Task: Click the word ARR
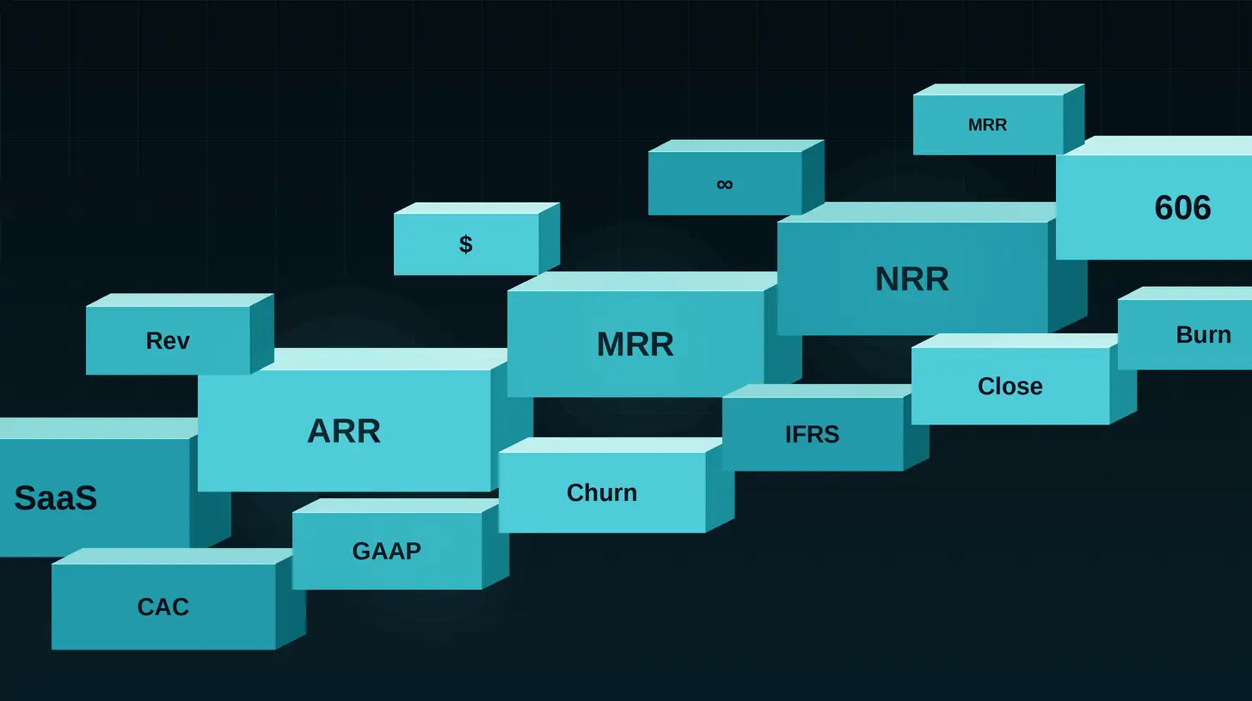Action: coord(344,431)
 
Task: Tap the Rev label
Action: coord(168,341)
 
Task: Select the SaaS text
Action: coord(56,498)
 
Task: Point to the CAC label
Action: coord(163,607)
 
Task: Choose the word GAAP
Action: coord(386,551)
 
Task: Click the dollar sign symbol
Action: coord(465,244)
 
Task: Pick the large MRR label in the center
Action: coord(635,344)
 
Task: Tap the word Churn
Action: coord(602,493)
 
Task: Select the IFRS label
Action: coord(812,435)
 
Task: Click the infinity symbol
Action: coord(724,184)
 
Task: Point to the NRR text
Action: coord(911,279)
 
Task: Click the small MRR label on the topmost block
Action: coord(987,125)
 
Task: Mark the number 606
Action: coord(1182,208)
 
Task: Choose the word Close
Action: coord(1010,387)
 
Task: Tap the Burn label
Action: coord(1203,335)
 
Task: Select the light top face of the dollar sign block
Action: coord(476,208)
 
